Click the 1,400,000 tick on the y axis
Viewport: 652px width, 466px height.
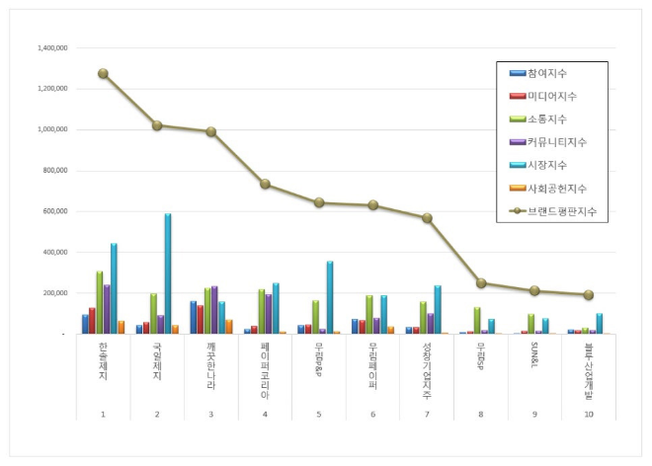(51, 47)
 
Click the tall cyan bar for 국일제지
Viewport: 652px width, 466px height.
(168, 273)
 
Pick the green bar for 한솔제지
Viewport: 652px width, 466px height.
(100, 302)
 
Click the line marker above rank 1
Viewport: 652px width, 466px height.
(103, 73)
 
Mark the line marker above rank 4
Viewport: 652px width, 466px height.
(265, 184)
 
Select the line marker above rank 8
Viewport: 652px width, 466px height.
(480, 283)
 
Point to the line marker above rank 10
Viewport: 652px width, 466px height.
(588, 295)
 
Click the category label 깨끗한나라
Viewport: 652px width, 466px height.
(210, 363)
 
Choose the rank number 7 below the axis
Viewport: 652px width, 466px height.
(426, 413)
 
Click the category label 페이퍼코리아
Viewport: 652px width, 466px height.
(265, 365)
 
